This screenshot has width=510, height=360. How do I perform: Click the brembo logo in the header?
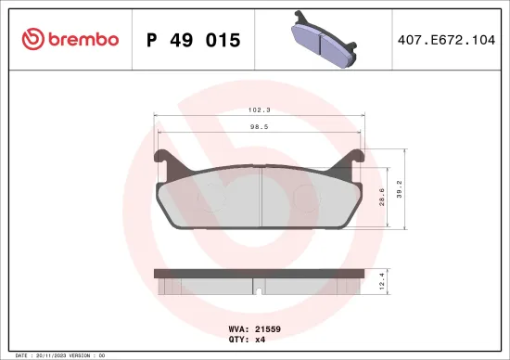click(x=70, y=39)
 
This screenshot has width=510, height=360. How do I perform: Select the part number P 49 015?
click(x=194, y=40)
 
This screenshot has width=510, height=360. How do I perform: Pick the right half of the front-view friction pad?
click(x=308, y=201)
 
